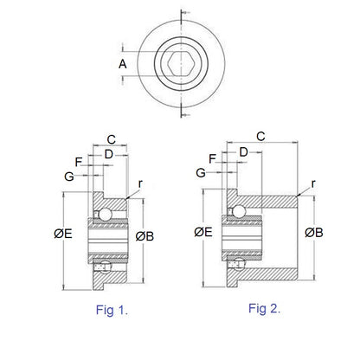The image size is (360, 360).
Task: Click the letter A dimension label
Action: tap(124, 64)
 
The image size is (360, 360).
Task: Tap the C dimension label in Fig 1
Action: tap(111, 138)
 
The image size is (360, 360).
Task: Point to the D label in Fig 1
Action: tap(108, 154)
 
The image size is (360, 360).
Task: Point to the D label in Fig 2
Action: tap(243, 151)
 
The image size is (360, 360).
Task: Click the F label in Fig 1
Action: tap(79, 161)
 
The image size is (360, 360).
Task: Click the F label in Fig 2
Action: tap(213, 157)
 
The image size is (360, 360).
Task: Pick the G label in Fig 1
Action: tap(68, 176)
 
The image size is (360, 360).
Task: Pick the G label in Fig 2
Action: tap(201, 173)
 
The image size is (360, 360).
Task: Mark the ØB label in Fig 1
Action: tap(145, 235)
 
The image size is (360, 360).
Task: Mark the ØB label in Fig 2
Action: tap(314, 232)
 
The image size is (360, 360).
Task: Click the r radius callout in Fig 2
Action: tap(312, 183)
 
